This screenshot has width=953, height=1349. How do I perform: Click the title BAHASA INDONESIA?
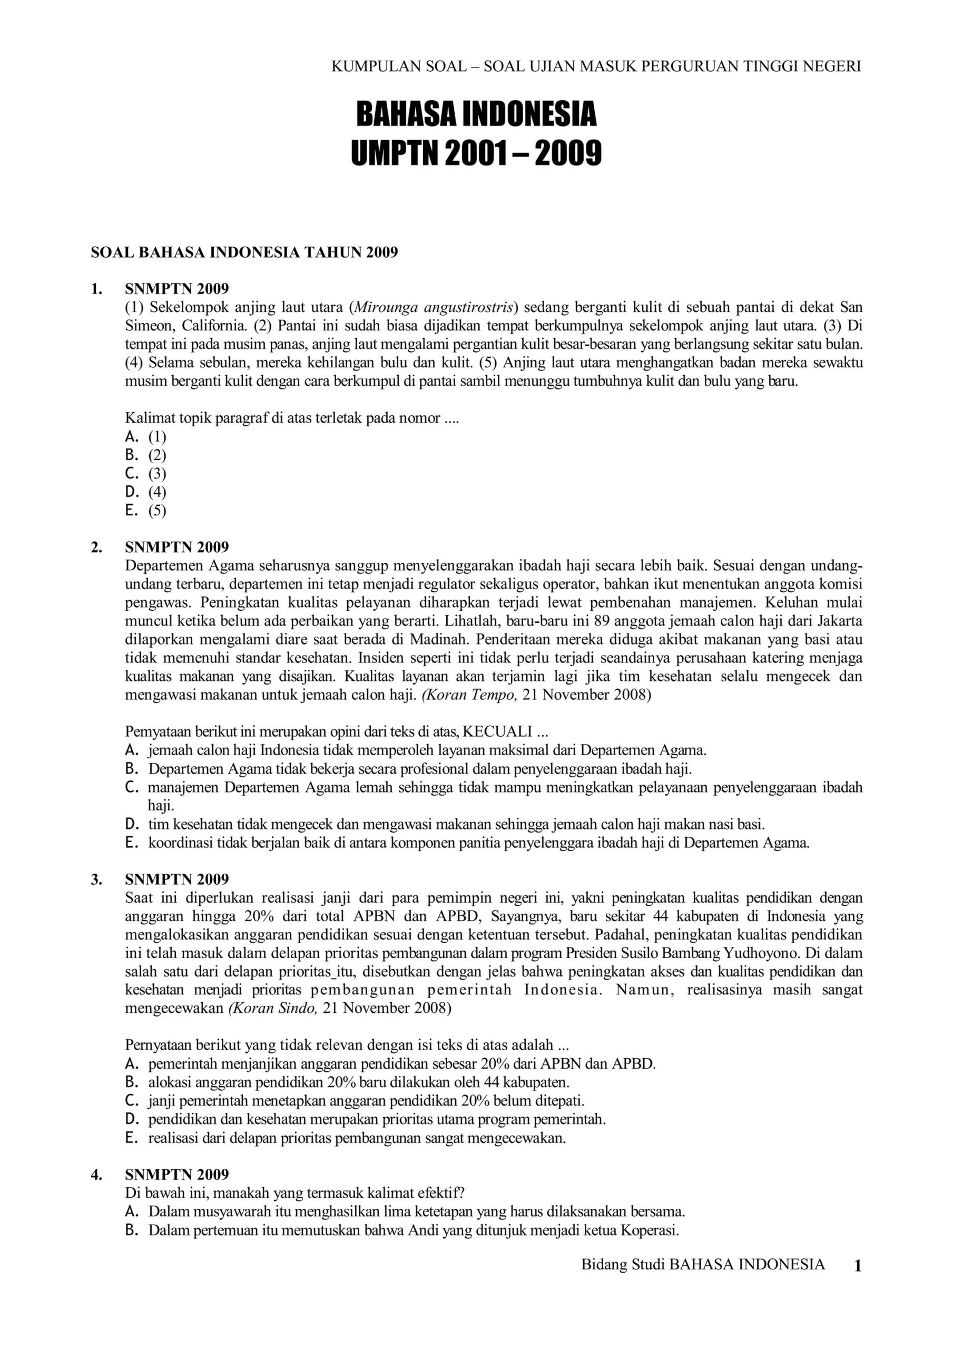[x=476, y=114]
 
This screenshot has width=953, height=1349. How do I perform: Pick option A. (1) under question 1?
[x=146, y=436]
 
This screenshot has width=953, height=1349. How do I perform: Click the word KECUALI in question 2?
[x=497, y=731]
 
